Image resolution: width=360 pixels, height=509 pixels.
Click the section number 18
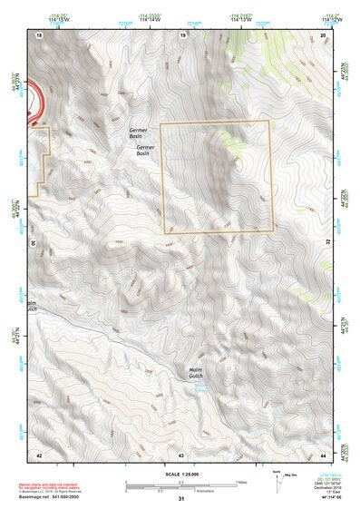39,34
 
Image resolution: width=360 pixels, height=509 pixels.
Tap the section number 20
323,34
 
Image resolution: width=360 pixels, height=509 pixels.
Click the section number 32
327,243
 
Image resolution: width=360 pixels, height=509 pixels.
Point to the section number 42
39,453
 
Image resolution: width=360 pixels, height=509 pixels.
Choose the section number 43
181,453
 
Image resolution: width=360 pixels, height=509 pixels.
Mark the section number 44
323,453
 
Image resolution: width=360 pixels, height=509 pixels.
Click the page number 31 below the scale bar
181,499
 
